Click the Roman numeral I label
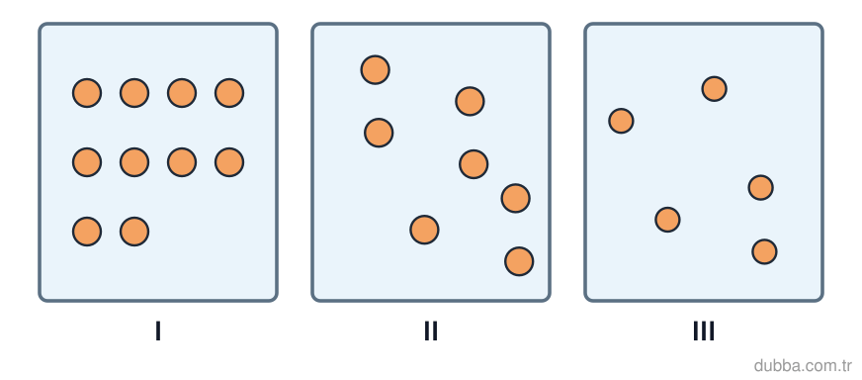[x=158, y=331]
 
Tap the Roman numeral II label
[x=430, y=331]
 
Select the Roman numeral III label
[x=703, y=331]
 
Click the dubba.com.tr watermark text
[x=803, y=365]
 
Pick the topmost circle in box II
[x=376, y=70]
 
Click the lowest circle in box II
[x=519, y=261]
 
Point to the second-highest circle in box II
[x=470, y=101]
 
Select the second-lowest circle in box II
[x=424, y=230]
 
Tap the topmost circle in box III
[x=714, y=89]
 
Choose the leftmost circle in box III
[x=621, y=121]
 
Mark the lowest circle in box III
[x=764, y=251]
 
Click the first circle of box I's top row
[x=87, y=93]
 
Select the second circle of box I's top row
[x=134, y=93]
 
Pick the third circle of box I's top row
[x=182, y=93]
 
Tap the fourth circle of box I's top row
[x=229, y=93]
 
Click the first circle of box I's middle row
[x=87, y=162]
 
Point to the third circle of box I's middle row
[x=182, y=162]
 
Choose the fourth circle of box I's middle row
[x=229, y=162]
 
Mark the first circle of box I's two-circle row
[x=87, y=232]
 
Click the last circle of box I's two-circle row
[x=134, y=232]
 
